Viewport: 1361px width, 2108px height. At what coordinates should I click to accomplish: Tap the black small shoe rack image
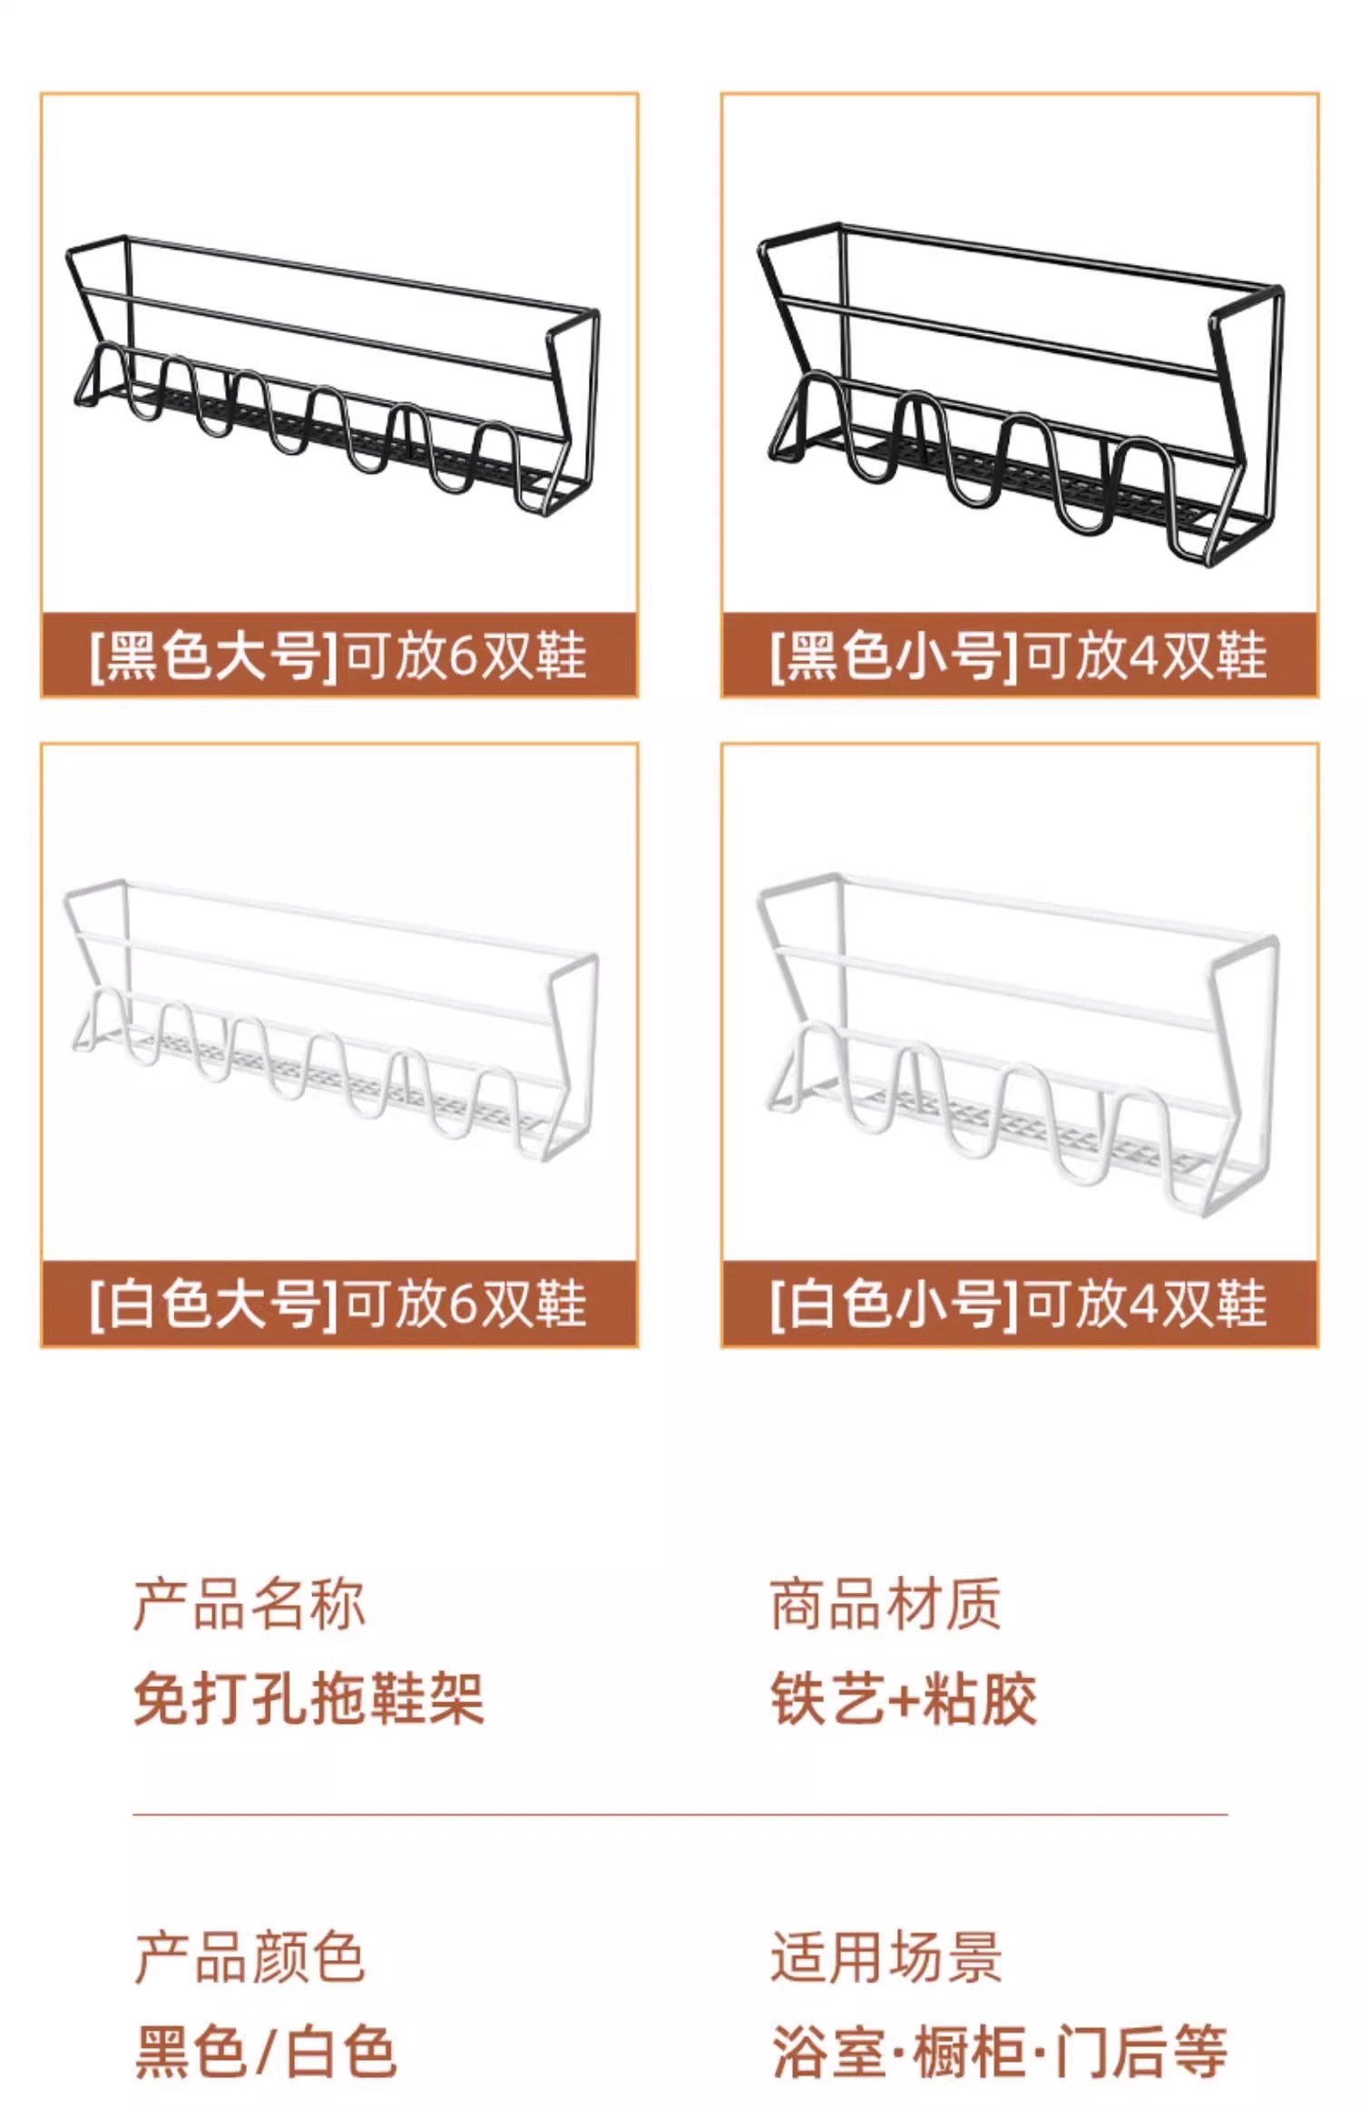tap(1019, 390)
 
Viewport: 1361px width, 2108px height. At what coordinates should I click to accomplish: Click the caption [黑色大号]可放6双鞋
tap(338, 655)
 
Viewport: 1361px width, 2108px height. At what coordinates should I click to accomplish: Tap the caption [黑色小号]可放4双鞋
tap(1019, 655)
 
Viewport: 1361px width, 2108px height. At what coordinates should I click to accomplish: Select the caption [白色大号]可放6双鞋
tap(338, 1304)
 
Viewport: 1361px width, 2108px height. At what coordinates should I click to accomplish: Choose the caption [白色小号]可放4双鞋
tap(1019, 1304)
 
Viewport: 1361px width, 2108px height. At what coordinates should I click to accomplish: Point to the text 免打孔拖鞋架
tap(308, 1698)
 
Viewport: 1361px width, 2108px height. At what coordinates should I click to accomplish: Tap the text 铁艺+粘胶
tap(904, 1698)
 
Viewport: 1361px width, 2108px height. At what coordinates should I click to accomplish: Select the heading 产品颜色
tap(250, 1957)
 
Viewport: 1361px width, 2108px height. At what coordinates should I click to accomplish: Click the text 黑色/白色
tap(266, 2052)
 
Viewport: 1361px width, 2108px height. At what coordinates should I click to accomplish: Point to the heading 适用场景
tap(886, 1957)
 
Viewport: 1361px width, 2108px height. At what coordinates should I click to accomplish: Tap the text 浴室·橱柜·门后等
tap(999, 2052)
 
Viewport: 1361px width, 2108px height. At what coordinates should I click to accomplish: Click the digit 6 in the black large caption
tap(463, 656)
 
